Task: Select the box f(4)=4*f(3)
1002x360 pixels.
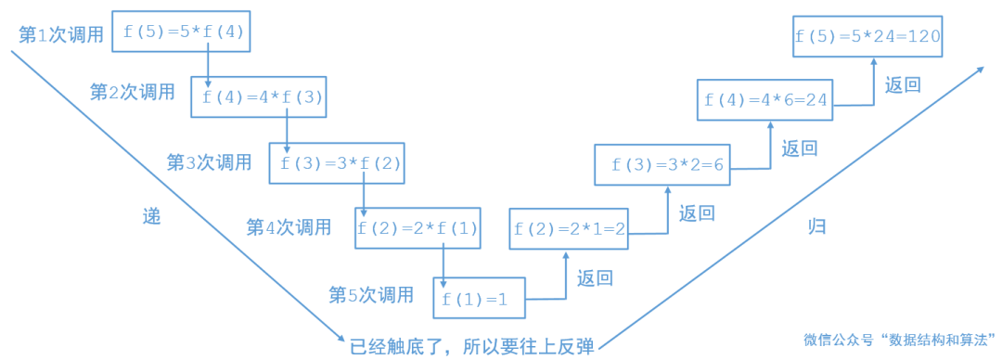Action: [x=259, y=97]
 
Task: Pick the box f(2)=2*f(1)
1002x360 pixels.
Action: [x=417, y=228]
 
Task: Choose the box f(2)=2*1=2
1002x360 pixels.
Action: [x=569, y=228]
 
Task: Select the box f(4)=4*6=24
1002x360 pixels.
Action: [x=764, y=99]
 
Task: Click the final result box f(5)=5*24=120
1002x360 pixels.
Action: [x=868, y=37]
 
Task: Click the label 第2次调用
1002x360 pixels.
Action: [x=132, y=92]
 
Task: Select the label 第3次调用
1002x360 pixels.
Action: [x=209, y=162]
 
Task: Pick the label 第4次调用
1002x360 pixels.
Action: [x=289, y=226]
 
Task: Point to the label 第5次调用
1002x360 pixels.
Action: [x=370, y=295]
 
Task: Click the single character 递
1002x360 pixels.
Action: [x=151, y=217]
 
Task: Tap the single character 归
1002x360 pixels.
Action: [x=816, y=225]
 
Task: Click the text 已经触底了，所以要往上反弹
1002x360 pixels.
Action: [x=471, y=346]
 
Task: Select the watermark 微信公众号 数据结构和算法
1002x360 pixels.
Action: [x=899, y=340]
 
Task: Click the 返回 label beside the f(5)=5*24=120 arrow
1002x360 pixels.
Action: [x=903, y=85]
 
